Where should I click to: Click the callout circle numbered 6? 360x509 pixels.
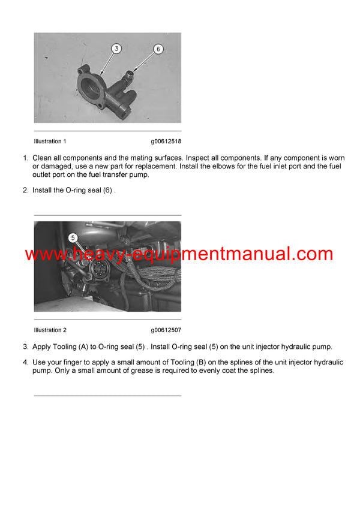[158, 49]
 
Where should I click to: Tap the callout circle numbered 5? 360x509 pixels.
[73, 237]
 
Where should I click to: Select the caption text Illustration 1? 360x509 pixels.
[50, 141]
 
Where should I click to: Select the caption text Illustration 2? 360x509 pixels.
[50, 330]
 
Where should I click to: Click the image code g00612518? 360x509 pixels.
[166, 141]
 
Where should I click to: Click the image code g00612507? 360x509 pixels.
[166, 330]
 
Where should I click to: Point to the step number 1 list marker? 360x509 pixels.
[25, 158]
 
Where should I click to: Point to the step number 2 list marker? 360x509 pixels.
[25, 191]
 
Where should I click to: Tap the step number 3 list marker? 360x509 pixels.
[25, 347]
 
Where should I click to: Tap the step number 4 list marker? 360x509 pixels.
[25, 363]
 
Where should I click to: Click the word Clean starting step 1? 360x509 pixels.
[43, 158]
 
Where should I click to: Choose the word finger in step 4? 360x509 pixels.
[77, 363]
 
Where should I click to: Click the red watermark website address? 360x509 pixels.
[179, 254]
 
